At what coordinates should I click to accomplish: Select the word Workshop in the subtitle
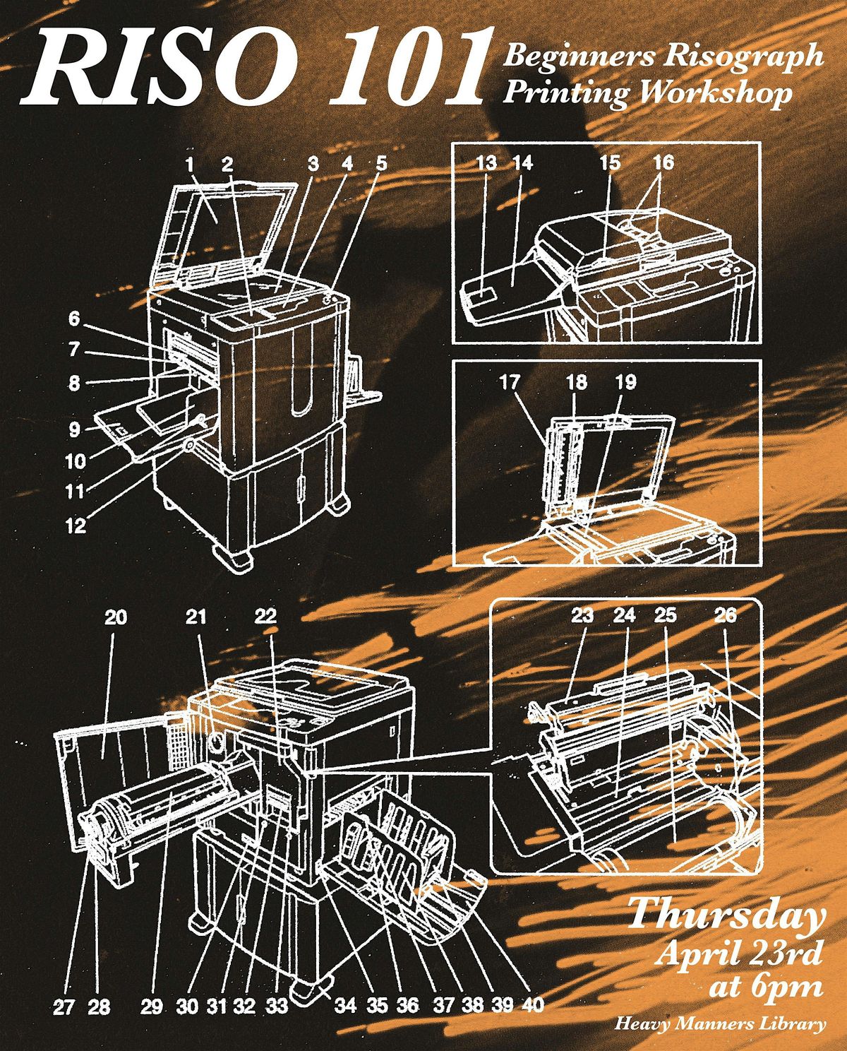pos(715,93)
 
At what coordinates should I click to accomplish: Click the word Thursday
pos(724,913)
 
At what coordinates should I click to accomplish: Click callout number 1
pos(190,165)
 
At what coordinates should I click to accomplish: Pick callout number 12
pos(76,525)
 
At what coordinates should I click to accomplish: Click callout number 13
pos(487,162)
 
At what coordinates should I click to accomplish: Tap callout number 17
pos(510,382)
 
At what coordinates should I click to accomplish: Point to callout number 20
pos(116,618)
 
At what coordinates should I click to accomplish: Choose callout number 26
pos(725,615)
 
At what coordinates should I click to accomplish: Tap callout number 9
pos(74,429)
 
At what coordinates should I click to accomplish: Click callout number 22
pos(266,617)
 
